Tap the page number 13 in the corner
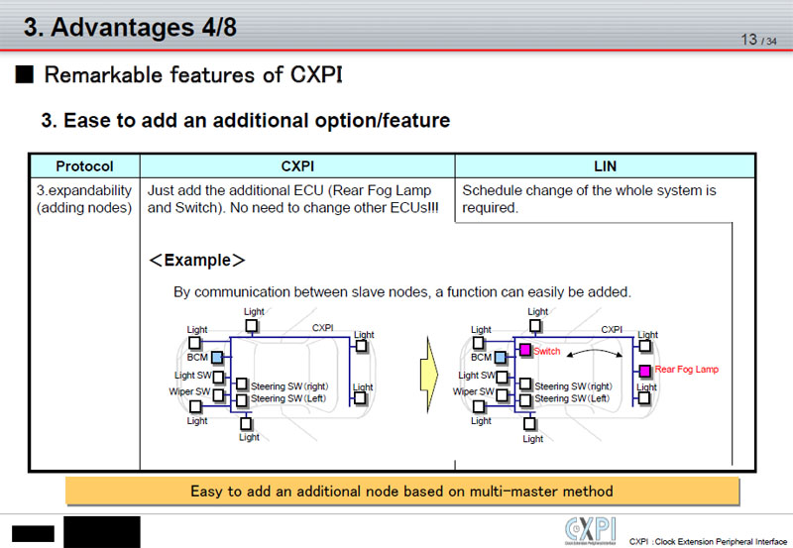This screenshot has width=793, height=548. click(749, 39)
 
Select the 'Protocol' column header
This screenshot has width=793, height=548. click(84, 166)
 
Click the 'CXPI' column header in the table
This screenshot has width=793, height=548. click(297, 166)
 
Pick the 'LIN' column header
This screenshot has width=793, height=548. click(606, 166)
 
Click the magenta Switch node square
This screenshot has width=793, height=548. click(525, 351)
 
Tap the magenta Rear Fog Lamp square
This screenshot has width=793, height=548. click(645, 370)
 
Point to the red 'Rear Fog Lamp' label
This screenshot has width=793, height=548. click(687, 370)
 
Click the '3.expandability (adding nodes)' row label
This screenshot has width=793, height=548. click(84, 199)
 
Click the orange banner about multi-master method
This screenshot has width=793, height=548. click(402, 491)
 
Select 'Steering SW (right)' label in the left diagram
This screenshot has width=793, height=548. click(289, 385)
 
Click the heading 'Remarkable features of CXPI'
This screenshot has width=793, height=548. click(193, 75)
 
